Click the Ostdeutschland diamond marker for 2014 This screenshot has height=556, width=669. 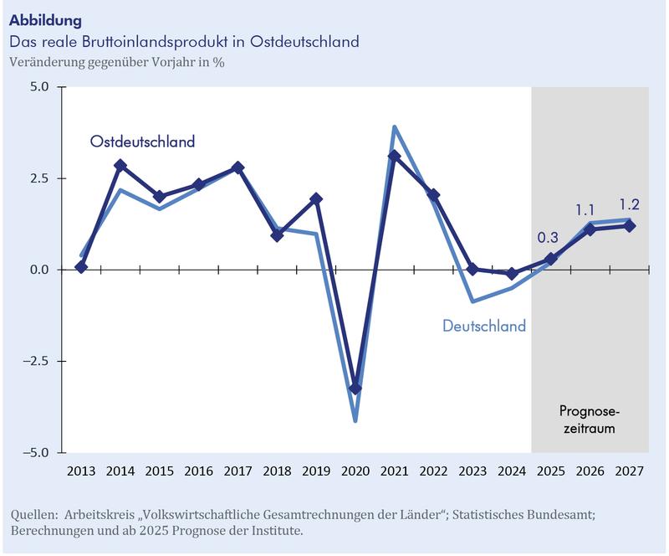(x=120, y=166)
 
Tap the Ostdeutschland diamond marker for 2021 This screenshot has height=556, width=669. (x=395, y=156)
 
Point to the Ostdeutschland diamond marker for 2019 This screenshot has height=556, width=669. (x=316, y=199)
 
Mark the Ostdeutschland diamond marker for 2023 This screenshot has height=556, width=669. (x=472, y=269)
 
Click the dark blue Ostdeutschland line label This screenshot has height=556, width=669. (x=142, y=142)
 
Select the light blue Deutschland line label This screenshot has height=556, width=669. (x=484, y=326)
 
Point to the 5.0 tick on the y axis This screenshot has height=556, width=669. (x=39, y=87)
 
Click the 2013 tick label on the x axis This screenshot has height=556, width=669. (x=81, y=471)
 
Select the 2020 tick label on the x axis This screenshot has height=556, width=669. (x=355, y=471)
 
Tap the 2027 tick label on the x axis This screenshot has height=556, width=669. (x=630, y=471)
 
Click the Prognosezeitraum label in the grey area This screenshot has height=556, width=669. (x=590, y=420)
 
